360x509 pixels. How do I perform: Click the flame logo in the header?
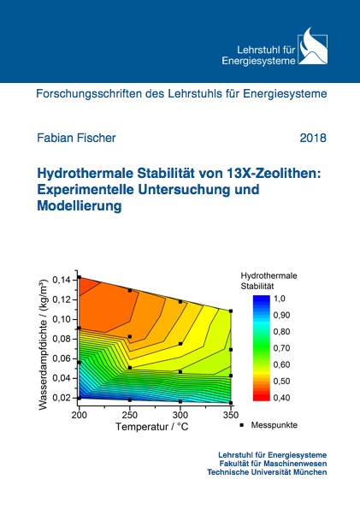coord(313,46)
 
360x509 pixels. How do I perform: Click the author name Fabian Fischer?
coord(76,138)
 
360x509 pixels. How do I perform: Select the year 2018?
coord(313,138)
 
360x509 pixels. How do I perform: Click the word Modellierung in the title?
coord(80,206)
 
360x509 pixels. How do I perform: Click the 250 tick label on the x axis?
coord(129,415)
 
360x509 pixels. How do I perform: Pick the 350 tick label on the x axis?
coord(231,415)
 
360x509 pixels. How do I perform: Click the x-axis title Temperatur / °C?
coord(152,426)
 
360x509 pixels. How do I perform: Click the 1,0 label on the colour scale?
coord(280,299)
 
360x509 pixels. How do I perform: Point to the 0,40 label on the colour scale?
coord(281,398)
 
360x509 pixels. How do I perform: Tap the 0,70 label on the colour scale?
coord(281,348)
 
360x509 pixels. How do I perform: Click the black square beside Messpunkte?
coord(241,425)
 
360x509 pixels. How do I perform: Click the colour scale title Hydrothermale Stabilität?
coord(269,281)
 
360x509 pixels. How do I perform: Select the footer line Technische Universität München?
coord(267,472)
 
